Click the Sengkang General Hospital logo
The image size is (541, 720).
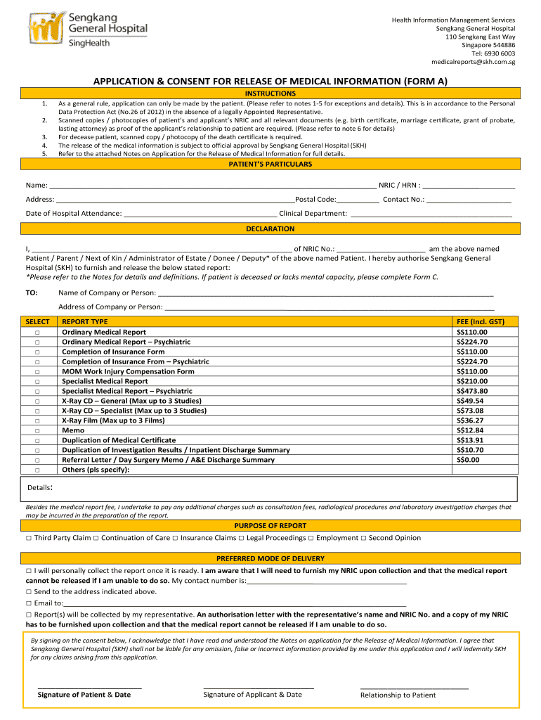[88, 29]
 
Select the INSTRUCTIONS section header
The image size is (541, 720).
[270, 94]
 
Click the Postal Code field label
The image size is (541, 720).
[315, 200]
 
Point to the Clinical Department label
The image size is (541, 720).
[313, 214]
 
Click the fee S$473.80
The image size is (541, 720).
[471, 391]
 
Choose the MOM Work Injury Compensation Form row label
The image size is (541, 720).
[128, 371]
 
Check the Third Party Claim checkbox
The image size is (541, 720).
[29, 538]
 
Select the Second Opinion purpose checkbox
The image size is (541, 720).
[363, 538]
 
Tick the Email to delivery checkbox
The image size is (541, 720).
[29, 603]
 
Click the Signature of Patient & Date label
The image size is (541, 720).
[84, 695]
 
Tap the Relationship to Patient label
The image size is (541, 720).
[398, 695]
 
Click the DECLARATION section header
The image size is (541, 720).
[270, 229]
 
